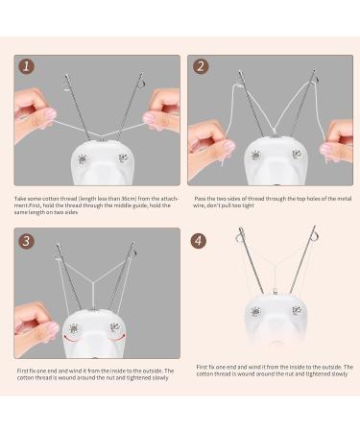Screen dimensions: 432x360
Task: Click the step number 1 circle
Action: (x=27, y=68)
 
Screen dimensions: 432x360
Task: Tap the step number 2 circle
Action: (x=200, y=68)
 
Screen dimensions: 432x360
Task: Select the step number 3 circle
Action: (x=27, y=241)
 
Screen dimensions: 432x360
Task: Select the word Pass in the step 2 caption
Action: (x=201, y=199)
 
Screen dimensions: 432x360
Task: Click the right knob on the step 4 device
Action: (x=296, y=311)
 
